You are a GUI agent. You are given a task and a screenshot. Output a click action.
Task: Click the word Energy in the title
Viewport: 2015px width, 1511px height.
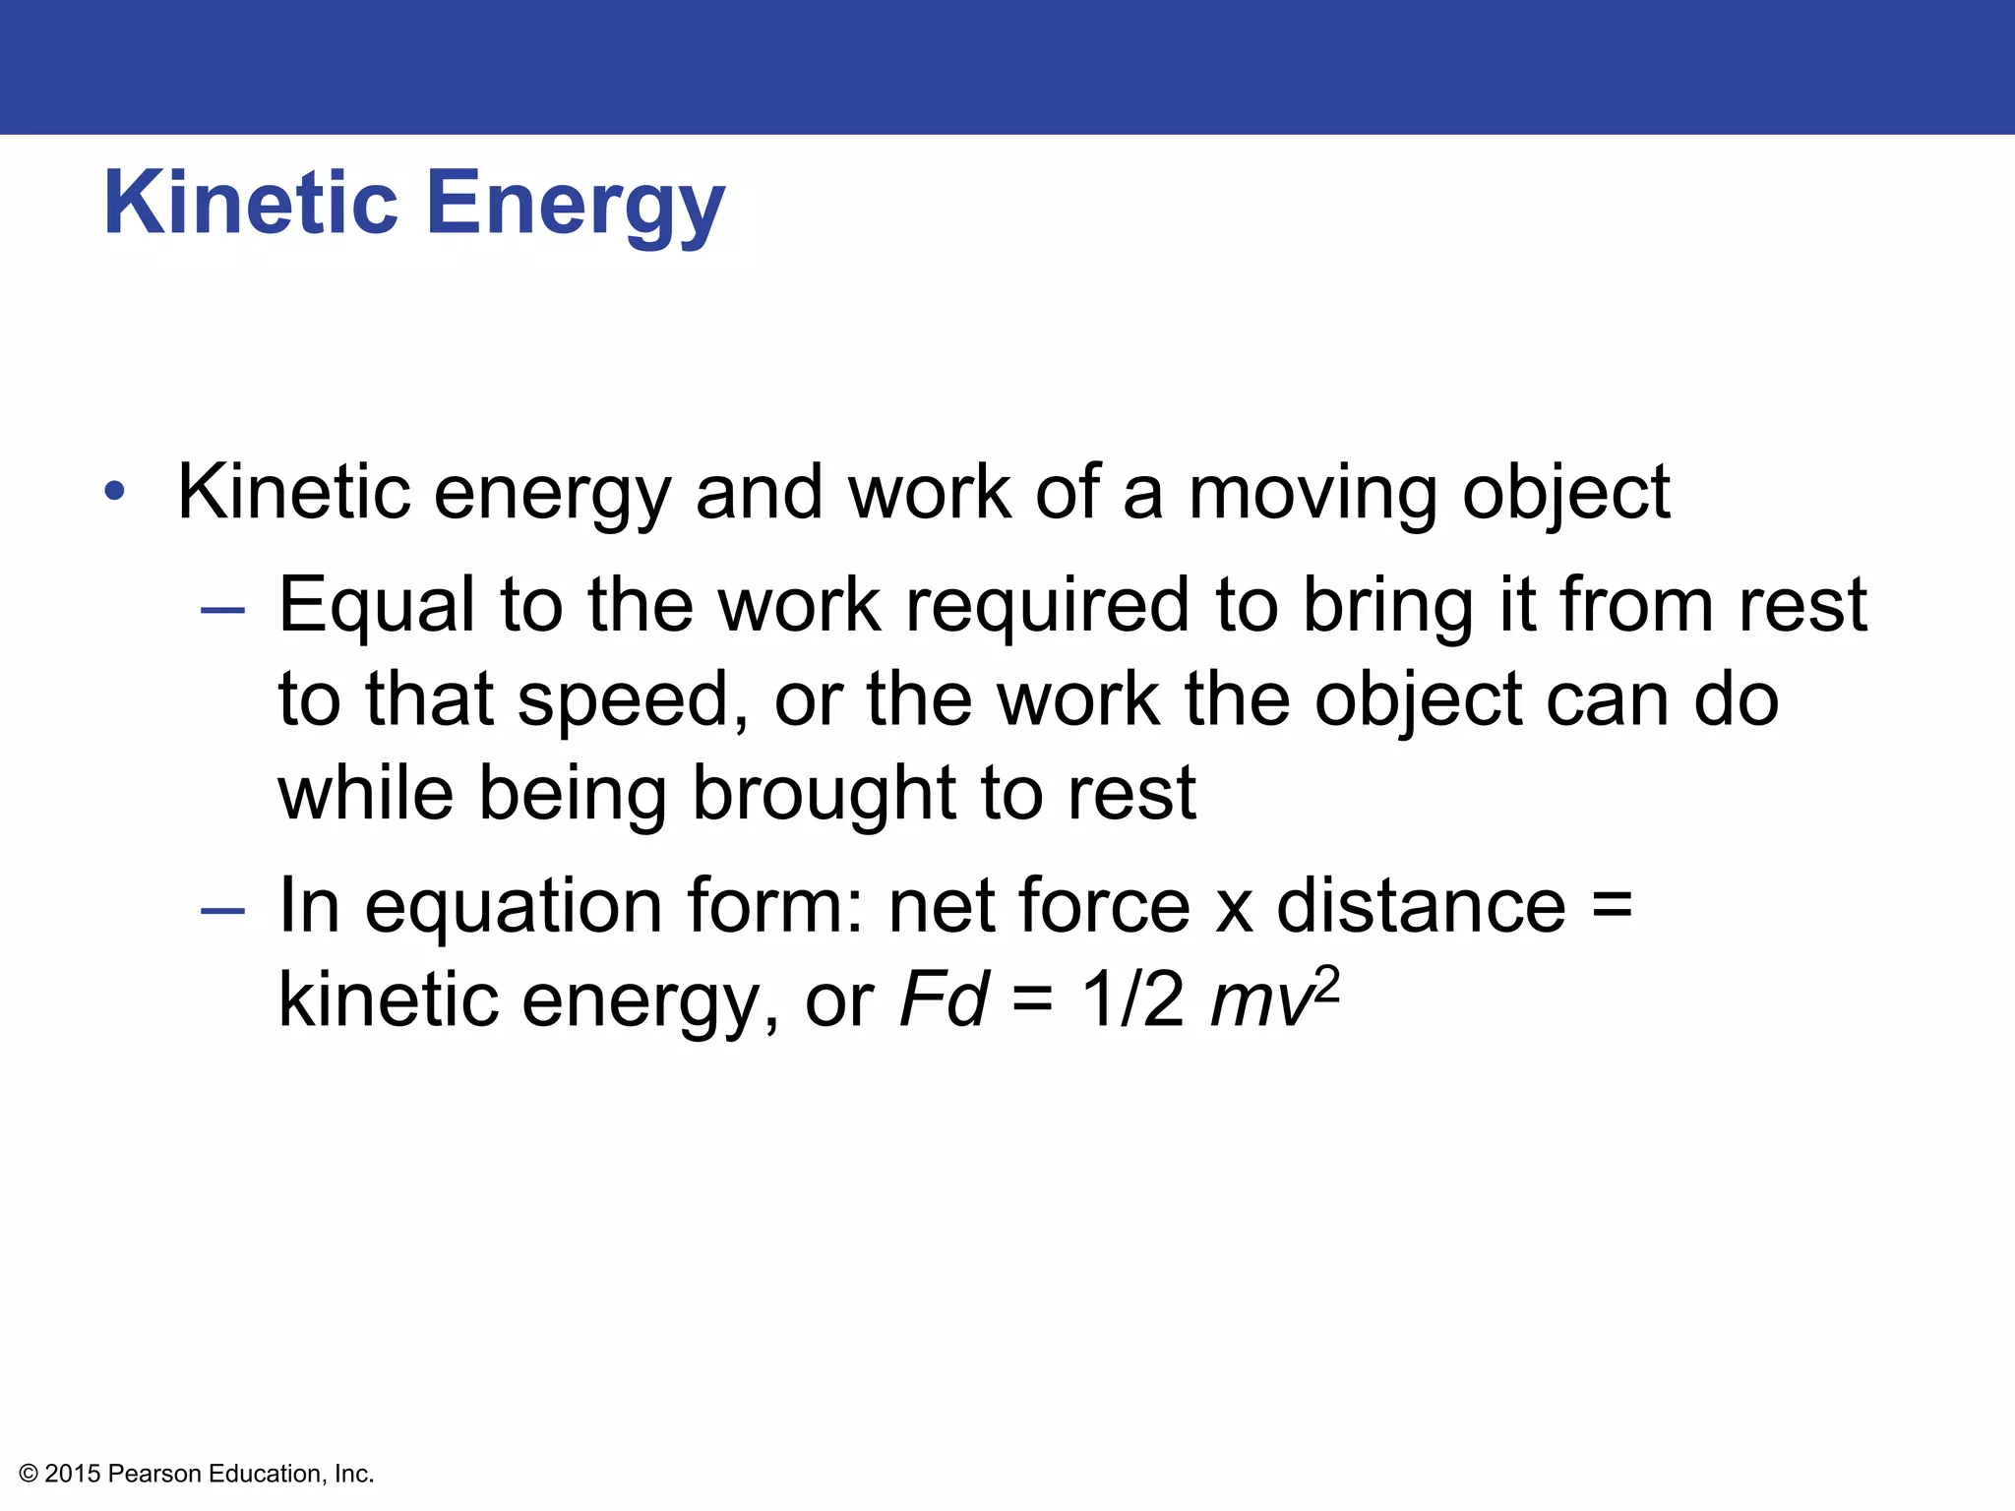coord(575,205)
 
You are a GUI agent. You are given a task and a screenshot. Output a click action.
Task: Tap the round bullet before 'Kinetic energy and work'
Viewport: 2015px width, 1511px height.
coord(115,490)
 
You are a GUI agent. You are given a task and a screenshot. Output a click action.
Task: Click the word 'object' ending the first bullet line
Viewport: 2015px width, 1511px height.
coord(1565,494)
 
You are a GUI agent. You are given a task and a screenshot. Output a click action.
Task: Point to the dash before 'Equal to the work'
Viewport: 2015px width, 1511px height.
coord(222,610)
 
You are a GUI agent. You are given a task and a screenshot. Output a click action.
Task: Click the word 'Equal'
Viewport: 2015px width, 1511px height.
coord(377,606)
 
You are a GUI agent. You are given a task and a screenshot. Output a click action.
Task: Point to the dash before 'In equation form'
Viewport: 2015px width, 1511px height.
coord(222,911)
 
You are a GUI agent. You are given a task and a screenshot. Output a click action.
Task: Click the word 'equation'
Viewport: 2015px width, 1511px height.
coord(514,907)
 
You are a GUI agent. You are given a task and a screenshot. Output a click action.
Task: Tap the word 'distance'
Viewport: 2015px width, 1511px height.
coord(1421,905)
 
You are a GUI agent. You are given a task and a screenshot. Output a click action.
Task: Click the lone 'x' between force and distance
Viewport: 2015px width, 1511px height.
coord(1234,911)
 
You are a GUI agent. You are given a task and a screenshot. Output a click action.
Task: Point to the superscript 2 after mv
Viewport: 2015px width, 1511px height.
coord(1326,984)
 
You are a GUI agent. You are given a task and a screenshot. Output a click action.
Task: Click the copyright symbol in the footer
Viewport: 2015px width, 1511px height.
coord(29,1474)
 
